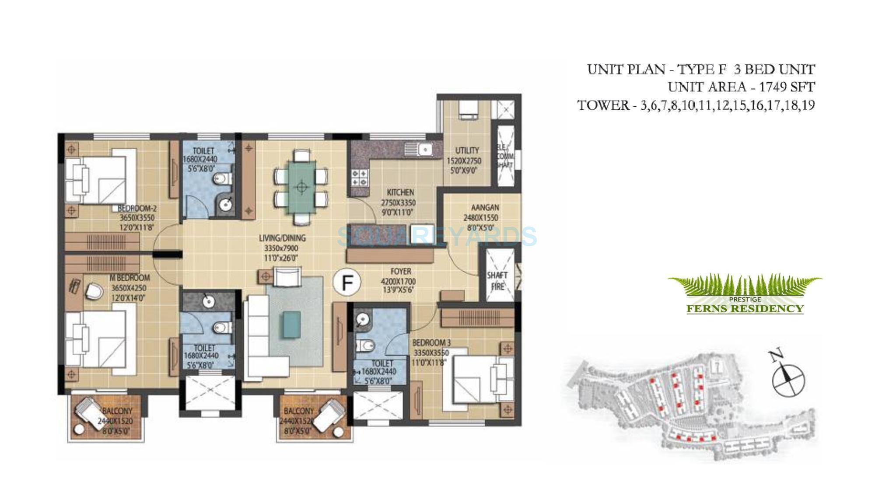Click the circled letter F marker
coord(347,283)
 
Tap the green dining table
coord(301,187)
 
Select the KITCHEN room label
coord(400,192)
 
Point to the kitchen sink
coord(424,150)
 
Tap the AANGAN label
coord(485,207)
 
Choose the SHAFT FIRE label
coord(497,281)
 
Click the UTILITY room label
coord(467,150)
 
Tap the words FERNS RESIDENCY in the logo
coord(745,309)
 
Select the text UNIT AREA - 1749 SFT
coord(741,87)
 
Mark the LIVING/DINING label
coord(282,238)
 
